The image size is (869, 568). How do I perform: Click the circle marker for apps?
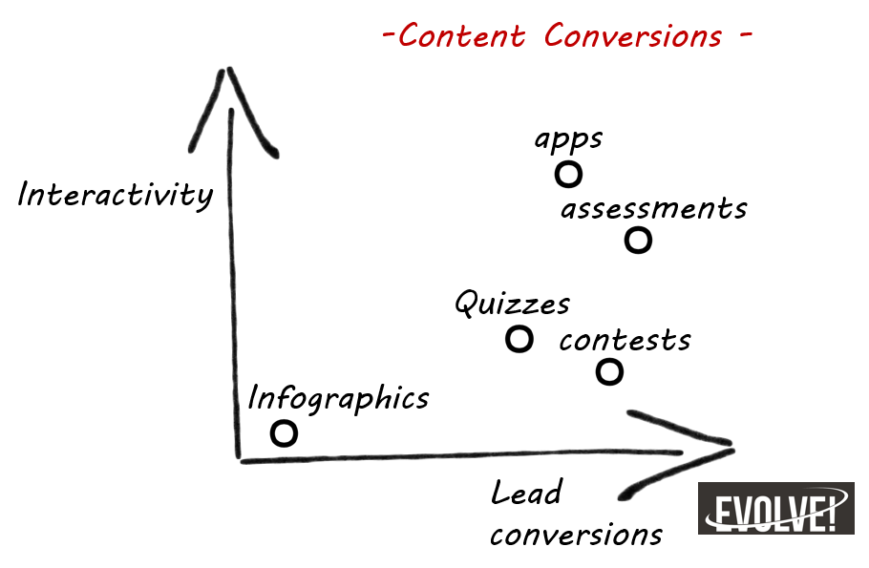pyautogui.click(x=568, y=175)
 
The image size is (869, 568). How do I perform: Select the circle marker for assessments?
pyautogui.click(x=638, y=241)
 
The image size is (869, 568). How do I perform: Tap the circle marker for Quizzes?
pyautogui.click(x=519, y=339)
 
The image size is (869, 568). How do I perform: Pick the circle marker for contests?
pyautogui.click(x=609, y=371)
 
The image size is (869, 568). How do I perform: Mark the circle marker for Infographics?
pyautogui.click(x=284, y=433)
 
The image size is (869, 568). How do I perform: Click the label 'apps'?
pyautogui.click(x=568, y=139)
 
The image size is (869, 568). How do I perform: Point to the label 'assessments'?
pyautogui.click(x=653, y=208)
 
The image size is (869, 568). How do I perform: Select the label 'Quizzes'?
pyautogui.click(x=512, y=305)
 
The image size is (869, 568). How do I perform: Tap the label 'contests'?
pyautogui.click(x=625, y=340)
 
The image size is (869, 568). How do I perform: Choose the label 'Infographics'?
pyautogui.click(x=338, y=398)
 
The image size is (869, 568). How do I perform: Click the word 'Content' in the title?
pyautogui.click(x=461, y=36)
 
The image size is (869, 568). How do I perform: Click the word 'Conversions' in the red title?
pyautogui.click(x=633, y=36)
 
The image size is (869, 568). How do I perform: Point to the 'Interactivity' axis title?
pyautogui.click(x=115, y=195)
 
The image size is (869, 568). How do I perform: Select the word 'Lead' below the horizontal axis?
pyautogui.click(x=525, y=494)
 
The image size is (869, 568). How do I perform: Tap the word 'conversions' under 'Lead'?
pyautogui.click(x=576, y=534)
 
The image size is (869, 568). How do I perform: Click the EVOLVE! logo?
pyautogui.click(x=775, y=508)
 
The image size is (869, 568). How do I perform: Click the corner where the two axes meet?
pyautogui.click(x=239, y=459)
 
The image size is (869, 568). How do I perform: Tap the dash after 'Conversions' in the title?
pyautogui.click(x=745, y=37)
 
